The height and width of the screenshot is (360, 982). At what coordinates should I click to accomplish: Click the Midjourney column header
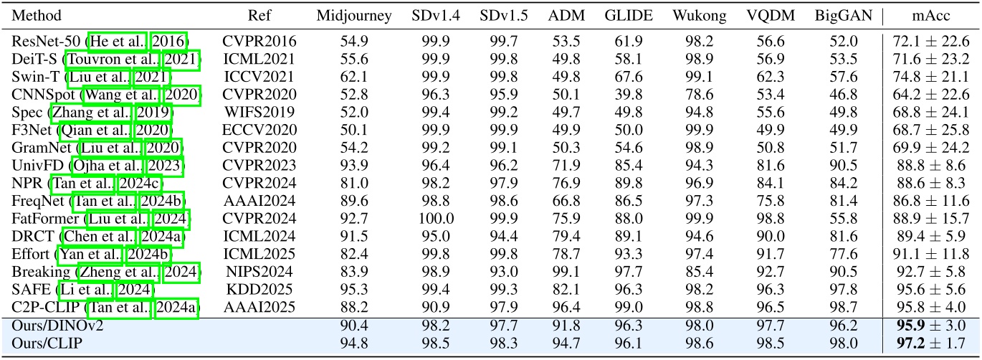344,16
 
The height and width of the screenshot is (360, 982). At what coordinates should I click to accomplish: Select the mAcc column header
930,16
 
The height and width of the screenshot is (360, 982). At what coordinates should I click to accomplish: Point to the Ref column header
259,16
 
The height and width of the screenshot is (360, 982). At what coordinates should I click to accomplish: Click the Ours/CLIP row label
41,344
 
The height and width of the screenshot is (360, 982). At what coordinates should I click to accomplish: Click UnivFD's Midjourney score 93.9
344,166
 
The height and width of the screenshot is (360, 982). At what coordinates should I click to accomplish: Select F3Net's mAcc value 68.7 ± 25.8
930,131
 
